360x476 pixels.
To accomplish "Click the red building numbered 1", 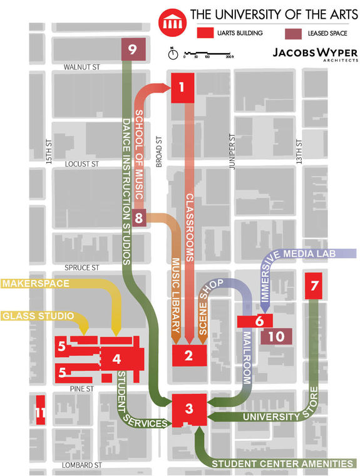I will pos(181,88).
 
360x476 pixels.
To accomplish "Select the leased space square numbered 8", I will pos(139,219).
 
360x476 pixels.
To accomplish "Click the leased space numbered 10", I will pos(276,336).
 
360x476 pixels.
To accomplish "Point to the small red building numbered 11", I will pos(40,411).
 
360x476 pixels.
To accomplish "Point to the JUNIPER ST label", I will pos(231,150).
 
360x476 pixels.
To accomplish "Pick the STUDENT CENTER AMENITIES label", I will pos(282,463).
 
